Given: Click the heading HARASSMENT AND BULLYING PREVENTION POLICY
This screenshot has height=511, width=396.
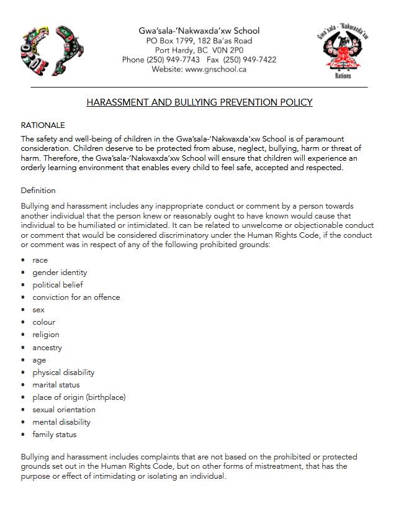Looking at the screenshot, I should (x=199, y=102).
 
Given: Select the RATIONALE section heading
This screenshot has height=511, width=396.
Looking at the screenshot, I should (x=43, y=125).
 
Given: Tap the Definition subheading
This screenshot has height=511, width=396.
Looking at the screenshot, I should (x=38, y=190).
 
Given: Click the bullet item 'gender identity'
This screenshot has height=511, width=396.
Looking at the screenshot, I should (x=60, y=273).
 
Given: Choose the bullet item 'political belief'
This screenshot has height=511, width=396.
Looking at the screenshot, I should (x=58, y=285).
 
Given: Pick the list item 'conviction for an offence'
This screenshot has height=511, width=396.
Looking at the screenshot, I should (x=76, y=297).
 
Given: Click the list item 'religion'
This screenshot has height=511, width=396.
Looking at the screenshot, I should (x=46, y=335).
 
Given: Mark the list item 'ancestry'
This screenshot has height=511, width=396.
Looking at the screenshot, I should (x=47, y=348).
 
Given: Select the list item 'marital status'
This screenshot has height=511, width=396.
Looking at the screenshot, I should (x=56, y=385).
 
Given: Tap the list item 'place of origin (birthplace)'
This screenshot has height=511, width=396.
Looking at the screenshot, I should (x=79, y=397).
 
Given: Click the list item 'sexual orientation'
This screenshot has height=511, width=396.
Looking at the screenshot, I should (x=64, y=410).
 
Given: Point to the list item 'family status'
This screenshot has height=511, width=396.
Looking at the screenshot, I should (x=55, y=435).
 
